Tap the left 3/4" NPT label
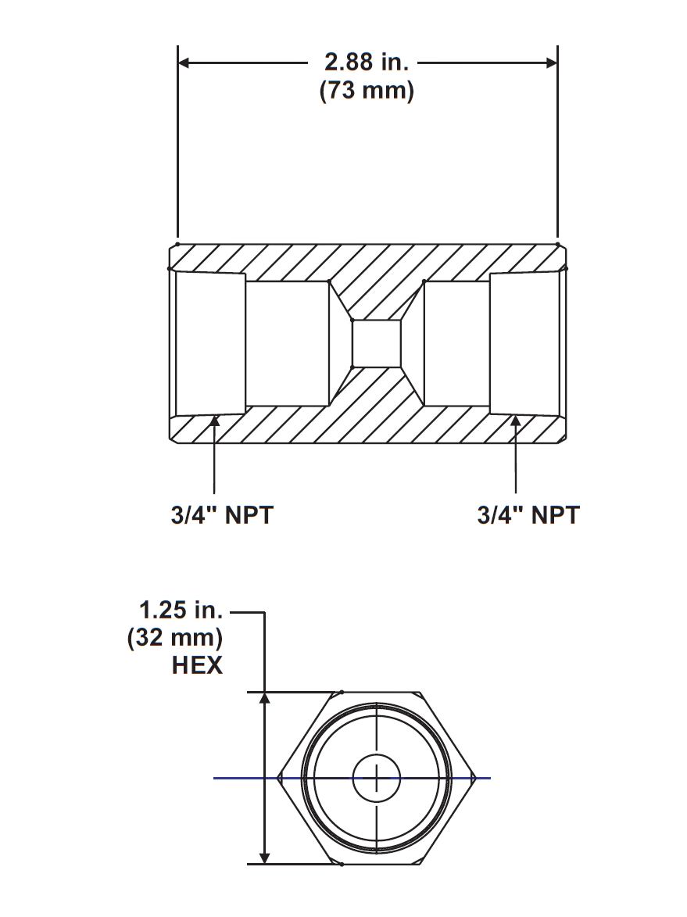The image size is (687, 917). coord(223,515)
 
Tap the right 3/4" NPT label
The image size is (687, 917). coord(528,515)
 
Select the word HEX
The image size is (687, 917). coord(197,665)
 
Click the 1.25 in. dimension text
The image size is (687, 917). coord(181,609)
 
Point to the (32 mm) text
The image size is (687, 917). coord(175,637)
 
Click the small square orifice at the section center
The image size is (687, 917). coord(377,343)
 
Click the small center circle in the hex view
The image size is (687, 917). coord(377,778)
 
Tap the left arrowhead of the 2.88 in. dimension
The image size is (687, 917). coord(185,62)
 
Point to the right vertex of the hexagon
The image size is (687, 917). coord(475,778)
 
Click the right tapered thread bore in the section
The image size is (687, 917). coord(524,343)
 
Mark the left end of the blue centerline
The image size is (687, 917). coord(215,778)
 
